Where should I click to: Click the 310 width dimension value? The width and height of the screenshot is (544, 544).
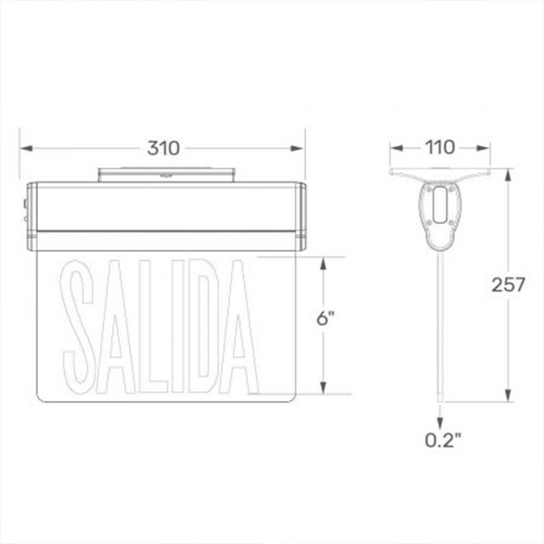[163, 148]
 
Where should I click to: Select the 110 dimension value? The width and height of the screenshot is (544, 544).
[440, 147]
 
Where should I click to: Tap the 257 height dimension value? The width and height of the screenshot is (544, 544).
[508, 285]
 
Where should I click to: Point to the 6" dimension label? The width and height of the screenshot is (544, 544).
[325, 318]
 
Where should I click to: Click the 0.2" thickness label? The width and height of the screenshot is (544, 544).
[443, 440]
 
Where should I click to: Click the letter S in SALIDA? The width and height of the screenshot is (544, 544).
[78, 327]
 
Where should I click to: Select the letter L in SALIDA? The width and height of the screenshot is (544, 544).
[153, 326]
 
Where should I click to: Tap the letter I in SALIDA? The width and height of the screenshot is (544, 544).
[178, 326]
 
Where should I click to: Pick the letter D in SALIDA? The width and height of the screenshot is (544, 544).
[203, 326]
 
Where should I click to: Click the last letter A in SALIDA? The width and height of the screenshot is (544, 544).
[239, 326]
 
